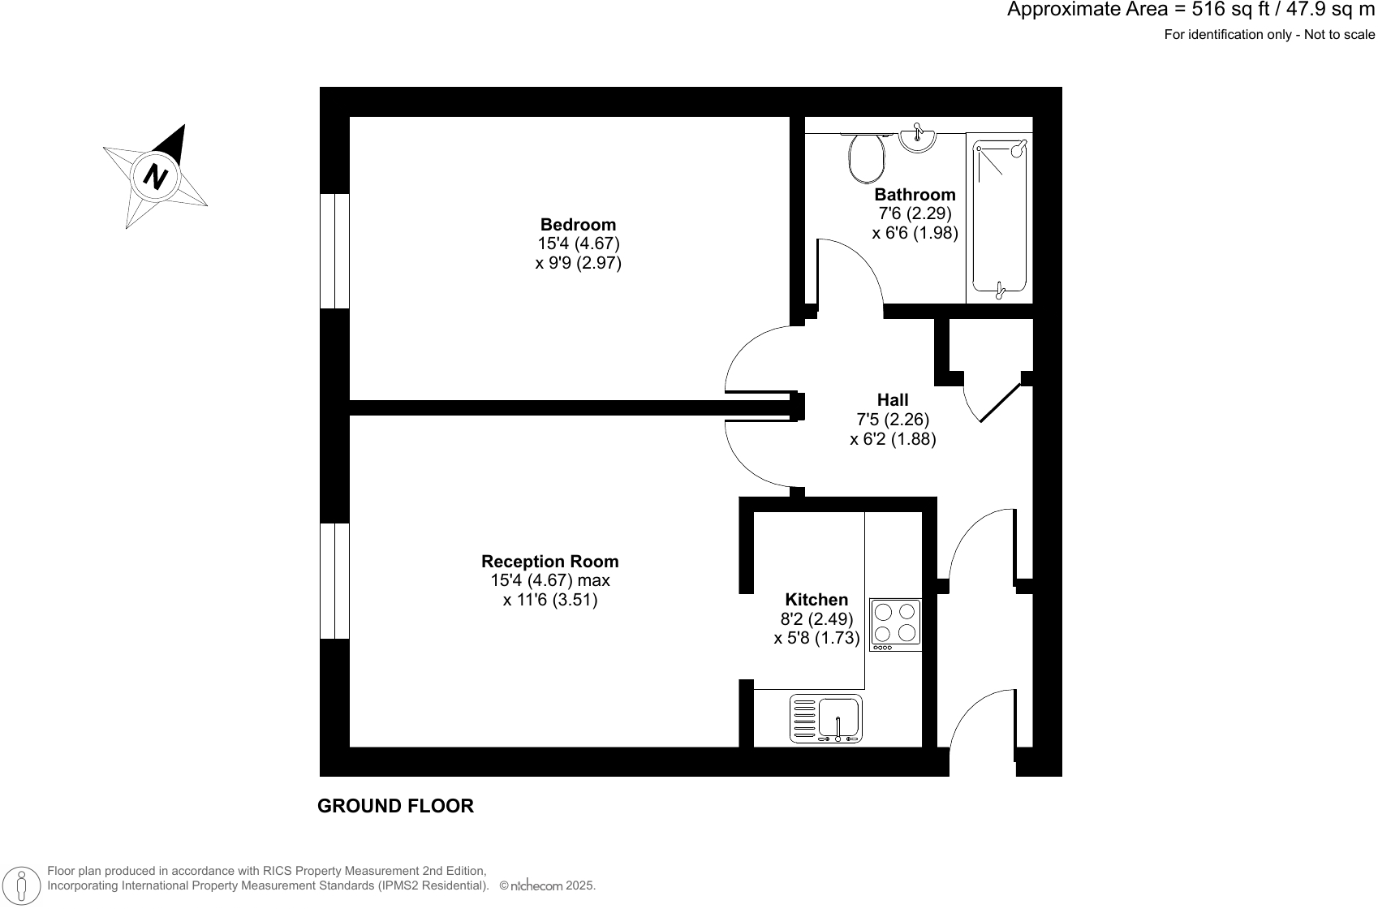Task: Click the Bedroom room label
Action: point(578,225)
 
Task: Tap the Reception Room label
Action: point(549,562)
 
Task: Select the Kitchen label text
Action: point(816,600)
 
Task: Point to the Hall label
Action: point(893,400)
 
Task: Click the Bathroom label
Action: point(915,195)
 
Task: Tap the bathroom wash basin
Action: point(918,139)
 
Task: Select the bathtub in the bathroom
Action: point(1000,218)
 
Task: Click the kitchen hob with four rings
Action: point(896,624)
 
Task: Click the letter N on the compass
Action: point(155,176)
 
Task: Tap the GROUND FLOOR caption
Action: point(395,806)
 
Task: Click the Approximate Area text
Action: point(1191,11)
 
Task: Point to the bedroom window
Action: point(335,252)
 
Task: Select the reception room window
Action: point(335,581)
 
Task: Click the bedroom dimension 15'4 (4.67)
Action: point(578,243)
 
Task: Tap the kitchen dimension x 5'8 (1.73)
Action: point(816,638)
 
